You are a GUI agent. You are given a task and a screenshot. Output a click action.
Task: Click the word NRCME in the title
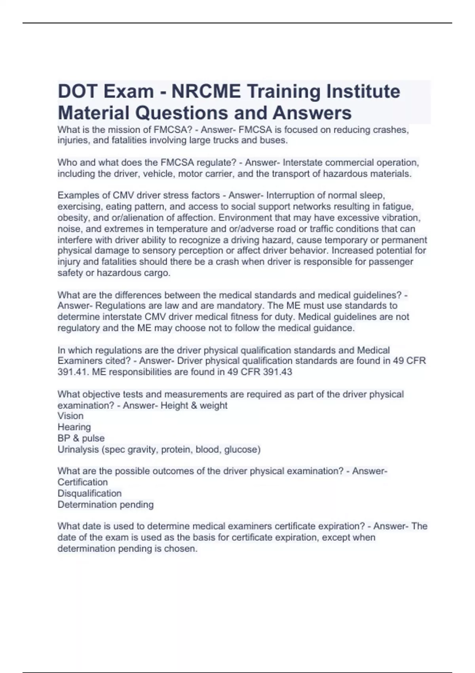[x=206, y=91]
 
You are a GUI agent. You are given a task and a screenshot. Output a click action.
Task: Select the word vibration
[x=401, y=218]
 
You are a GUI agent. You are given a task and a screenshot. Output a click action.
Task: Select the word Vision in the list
[x=70, y=416]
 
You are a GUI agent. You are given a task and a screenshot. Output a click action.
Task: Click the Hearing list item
[x=74, y=427]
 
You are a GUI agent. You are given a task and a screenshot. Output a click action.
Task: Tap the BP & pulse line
[x=81, y=438]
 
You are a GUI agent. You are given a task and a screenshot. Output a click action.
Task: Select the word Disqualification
[x=89, y=493]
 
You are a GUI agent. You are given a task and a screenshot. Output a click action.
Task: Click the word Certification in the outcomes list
[x=83, y=482]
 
